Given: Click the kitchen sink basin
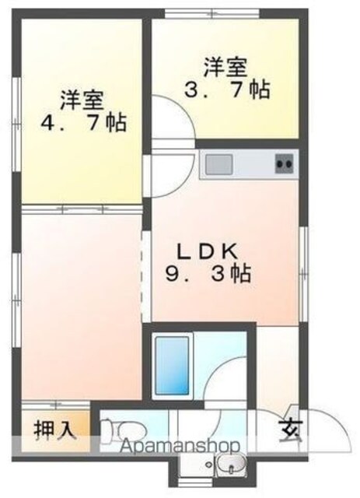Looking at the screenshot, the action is tap(218, 164).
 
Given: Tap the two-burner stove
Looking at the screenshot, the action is tap(285, 164).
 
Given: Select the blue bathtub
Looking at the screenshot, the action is tap(172, 366).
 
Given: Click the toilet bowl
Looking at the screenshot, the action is tap(124, 430).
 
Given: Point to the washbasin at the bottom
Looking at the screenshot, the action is tap(232, 465).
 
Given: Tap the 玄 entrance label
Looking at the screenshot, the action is tap(290, 431).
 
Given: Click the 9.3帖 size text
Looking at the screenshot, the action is tap(208, 273).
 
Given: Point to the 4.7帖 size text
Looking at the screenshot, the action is tap(83, 122).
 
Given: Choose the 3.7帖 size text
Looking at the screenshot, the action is tap(227, 89).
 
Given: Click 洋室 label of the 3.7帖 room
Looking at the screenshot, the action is tap(225, 67).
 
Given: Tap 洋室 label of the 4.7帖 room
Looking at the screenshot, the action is tap(82, 100).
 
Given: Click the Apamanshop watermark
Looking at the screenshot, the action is tap(180, 447).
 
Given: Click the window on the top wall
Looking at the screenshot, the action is tap(212, 14).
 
